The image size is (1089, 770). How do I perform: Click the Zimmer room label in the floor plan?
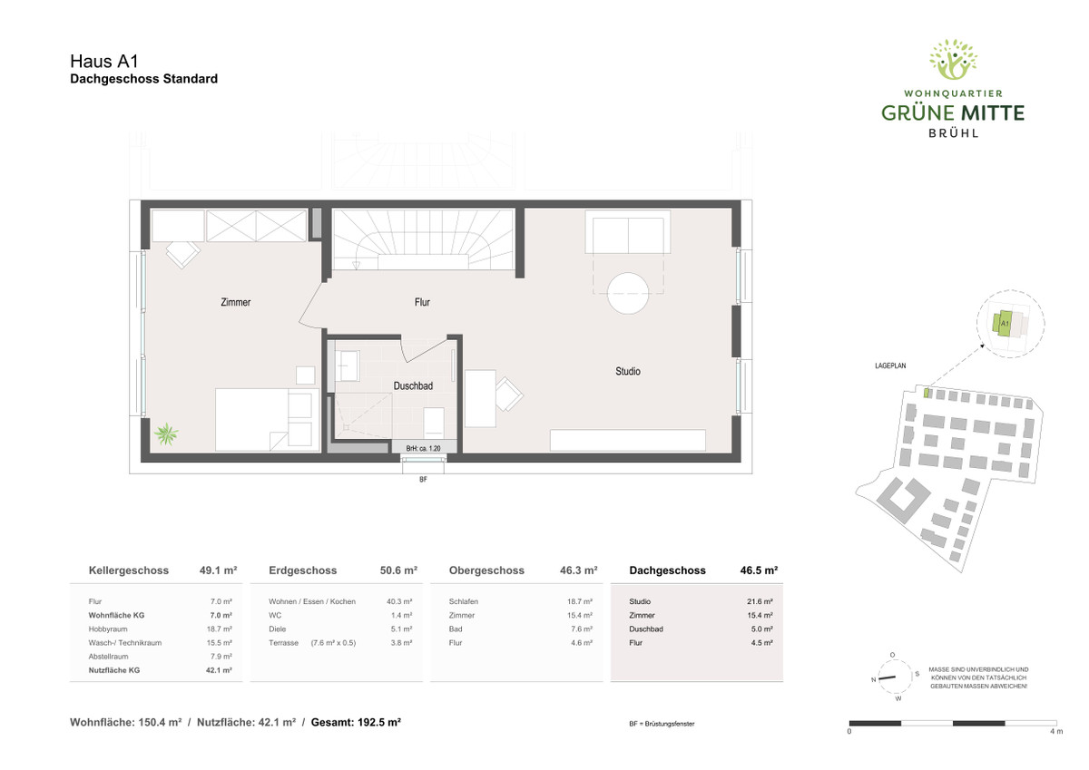[x=235, y=302]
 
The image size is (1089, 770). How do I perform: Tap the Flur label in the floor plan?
[x=422, y=302]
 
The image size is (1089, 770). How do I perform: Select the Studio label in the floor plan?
[x=628, y=371]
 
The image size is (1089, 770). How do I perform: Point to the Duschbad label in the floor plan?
[x=413, y=385]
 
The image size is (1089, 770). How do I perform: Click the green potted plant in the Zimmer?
[x=166, y=434]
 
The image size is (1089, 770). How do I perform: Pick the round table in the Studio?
[x=628, y=294]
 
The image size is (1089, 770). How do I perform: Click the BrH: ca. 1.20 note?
[x=423, y=448]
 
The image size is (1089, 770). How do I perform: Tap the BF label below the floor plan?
[x=423, y=479]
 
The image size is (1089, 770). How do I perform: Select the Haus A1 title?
[x=104, y=61]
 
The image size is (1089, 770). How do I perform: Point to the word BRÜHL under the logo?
[x=953, y=132]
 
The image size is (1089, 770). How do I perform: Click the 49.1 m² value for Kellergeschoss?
[x=218, y=570]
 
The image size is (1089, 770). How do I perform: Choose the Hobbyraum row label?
[x=108, y=629]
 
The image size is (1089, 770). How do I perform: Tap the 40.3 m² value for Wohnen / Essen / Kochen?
[x=399, y=601]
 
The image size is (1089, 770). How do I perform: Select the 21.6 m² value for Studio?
[x=760, y=601]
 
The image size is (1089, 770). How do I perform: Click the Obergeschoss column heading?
[x=486, y=570]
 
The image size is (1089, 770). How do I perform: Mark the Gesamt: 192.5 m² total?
[x=356, y=723]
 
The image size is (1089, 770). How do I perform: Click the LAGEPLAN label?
[x=890, y=366]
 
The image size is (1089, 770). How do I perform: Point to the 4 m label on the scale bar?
[x=1056, y=731]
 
